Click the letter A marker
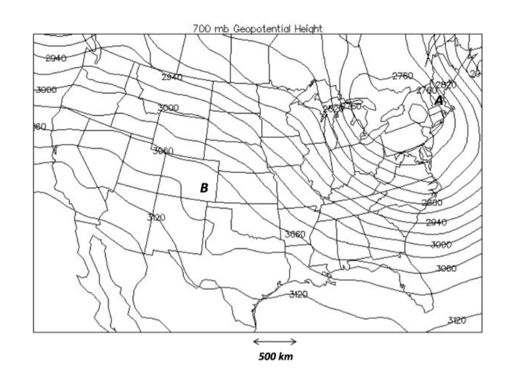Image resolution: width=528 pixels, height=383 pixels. point(438,100)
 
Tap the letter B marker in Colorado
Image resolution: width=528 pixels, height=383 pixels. point(204,188)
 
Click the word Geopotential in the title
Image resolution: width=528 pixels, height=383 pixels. point(263,29)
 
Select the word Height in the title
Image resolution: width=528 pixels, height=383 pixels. point(308,29)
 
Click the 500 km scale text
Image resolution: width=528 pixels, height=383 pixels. point(275,357)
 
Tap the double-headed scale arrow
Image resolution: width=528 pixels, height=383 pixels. point(275,341)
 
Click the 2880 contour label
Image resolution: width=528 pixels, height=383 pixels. point(432,202)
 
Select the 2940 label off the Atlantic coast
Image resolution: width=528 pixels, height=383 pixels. point(437,222)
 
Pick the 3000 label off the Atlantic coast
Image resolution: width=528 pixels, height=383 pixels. point(441,245)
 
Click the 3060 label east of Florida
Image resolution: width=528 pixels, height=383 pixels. point(446,268)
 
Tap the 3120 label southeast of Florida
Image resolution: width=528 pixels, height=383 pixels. point(457,320)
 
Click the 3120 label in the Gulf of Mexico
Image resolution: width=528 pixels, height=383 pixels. point(298,294)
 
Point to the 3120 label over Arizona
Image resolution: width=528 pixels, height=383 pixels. point(155,217)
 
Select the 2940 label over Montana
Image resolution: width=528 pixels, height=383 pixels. point(172,77)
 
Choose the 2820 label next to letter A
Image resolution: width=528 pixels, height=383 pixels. point(446,84)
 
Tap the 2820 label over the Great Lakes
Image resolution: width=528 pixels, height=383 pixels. point(331,109)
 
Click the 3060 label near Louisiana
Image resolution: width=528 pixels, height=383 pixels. point(295,234)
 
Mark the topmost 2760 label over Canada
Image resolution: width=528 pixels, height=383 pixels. point(402,76)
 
